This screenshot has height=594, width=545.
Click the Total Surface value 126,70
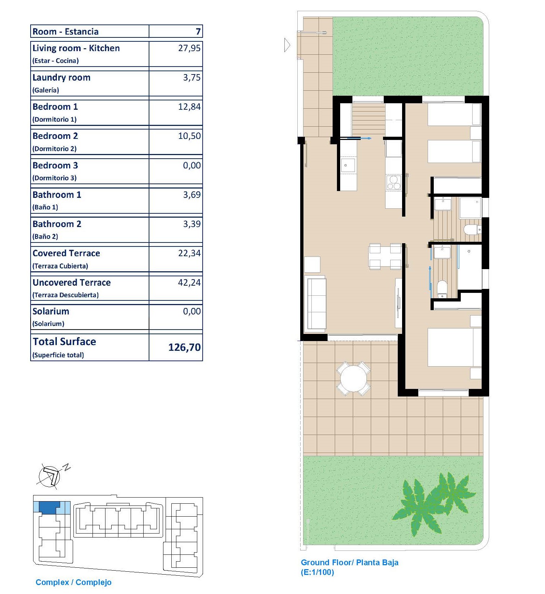point(184,347)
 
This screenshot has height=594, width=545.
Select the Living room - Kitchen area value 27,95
point(189,48)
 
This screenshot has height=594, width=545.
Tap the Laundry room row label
point(61,78)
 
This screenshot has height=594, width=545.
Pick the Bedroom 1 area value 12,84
point(189,107)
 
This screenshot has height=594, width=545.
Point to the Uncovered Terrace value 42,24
point(189,283)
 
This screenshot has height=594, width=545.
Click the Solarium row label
point(51,312)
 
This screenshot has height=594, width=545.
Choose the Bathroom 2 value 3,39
point(192,224)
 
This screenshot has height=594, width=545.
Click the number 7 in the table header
point(198,32)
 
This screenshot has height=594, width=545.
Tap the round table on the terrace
point(353,379)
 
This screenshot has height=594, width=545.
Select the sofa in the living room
point(315,304)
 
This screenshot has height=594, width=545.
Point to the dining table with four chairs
point(385,256)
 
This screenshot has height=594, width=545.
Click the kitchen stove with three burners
point(393,182)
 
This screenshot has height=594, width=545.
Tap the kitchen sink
point(348,165)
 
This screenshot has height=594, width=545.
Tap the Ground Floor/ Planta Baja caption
point(350,563)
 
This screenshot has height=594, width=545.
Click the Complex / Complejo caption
point(73,582)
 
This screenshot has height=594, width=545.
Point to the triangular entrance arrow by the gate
point(287,45)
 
